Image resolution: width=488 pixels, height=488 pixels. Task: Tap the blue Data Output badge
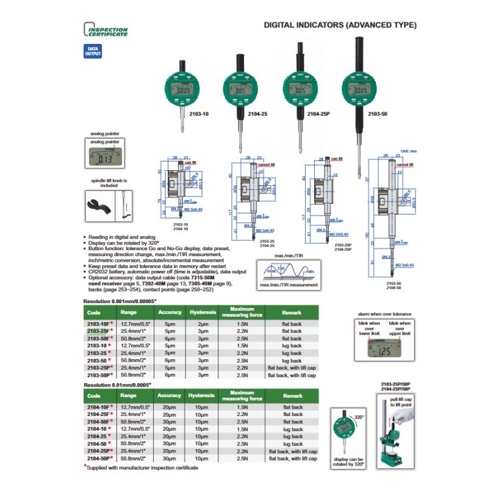(92, 51)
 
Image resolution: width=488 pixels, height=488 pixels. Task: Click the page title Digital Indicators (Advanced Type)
(340, 26)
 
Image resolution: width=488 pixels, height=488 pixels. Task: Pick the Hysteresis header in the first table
(202, 313)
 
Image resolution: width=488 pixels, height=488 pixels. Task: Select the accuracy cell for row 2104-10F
(170, 407)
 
